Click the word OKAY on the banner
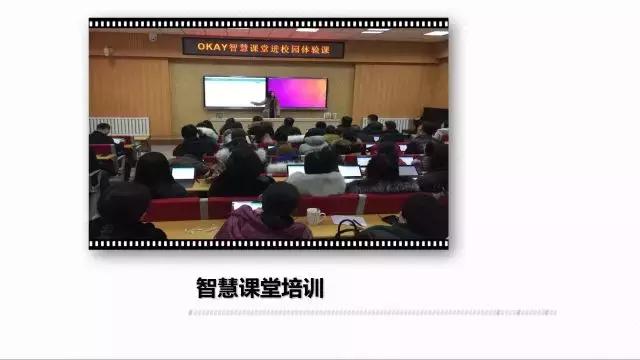(204, 47)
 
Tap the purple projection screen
(298, 92)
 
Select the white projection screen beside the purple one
(234, 92)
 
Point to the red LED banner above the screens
(263, 47)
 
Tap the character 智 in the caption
(207, 288)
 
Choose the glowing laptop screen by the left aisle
(183, 173)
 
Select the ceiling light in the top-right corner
(436, 32)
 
